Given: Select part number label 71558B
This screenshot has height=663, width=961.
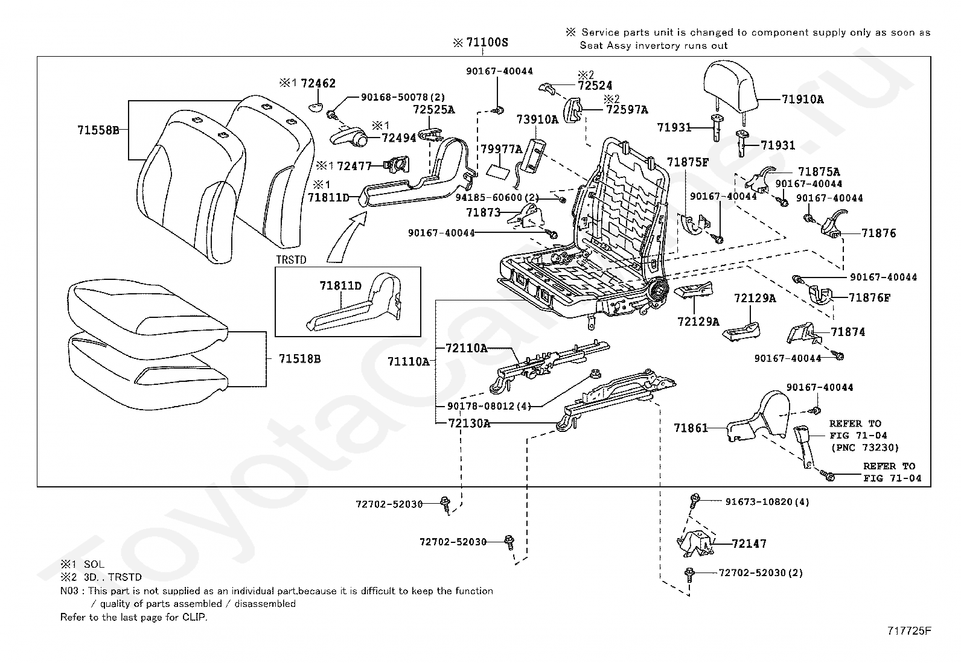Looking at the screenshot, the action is click(98, 130).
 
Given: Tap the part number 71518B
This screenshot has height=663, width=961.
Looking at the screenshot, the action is click(299, 359).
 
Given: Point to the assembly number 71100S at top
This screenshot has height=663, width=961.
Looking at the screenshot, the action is click(487, 42).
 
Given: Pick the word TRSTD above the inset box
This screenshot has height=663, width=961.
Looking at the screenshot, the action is click(292, 260).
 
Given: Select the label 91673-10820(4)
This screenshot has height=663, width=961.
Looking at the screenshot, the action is click(767, 502).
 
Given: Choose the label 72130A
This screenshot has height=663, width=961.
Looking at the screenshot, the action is click(469, 423).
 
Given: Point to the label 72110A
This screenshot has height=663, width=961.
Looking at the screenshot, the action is click(467, 348).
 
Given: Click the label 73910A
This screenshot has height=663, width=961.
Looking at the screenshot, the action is click(538, 119).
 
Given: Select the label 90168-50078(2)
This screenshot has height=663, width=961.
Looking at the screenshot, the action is click(403, 97).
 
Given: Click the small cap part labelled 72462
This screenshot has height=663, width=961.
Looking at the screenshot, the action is click(318, 107).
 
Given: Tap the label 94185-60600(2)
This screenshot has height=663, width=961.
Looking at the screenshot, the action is click(497, 198).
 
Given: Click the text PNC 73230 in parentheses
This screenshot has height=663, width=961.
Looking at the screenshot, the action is click(865, 448).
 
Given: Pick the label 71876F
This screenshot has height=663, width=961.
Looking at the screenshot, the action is click(870, 297).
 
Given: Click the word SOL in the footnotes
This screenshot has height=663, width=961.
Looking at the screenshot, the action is click(94, 565).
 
